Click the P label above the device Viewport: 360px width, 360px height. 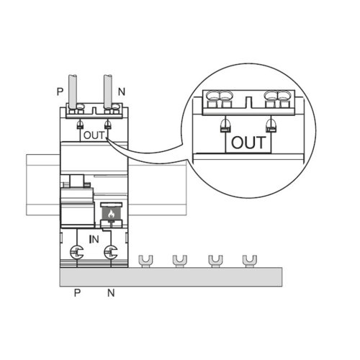tap(60, 91)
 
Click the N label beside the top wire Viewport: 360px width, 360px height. tap(122, 91)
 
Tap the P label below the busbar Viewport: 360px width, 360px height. tap(77, 293)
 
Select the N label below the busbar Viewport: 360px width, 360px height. tap(111, 293)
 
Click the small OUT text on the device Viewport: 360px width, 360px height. tap(94, 135)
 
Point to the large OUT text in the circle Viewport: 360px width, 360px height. tap(248, 143)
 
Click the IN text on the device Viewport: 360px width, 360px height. tap(94, 239)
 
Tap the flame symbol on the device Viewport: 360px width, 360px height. tap(111, 214)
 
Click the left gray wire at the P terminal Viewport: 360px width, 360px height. tap(73, 92)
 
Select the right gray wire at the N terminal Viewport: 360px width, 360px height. tap(108, 92)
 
